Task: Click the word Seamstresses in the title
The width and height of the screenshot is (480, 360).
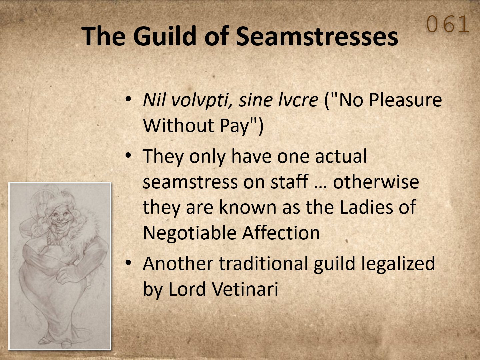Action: pyautogui.click(x=317, y=36)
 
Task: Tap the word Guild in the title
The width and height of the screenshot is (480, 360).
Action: pyautogui.click(x=165, y=36)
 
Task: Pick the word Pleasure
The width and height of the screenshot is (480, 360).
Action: pyautogui.click(x=405, y=100)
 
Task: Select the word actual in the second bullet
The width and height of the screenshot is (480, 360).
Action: pyautogui.click(x=341, y=156)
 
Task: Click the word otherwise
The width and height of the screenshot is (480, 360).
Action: pyautogui.click(x=376, y=182)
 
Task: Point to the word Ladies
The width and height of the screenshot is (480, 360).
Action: pyautogui.click(x=367, y=207)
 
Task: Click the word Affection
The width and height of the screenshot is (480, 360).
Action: pyautogui.click(x=281, y=233)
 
